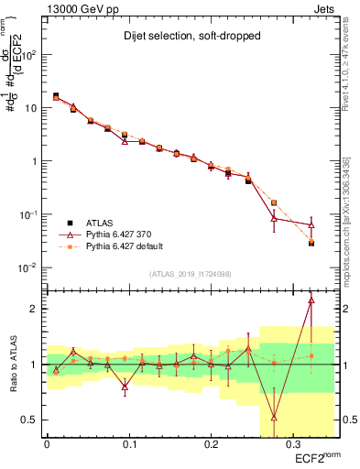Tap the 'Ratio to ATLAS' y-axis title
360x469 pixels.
click(x=12, y=365)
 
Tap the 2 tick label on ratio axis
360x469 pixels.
click(x=35, y=309)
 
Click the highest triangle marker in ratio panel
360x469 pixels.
click(x=311, y=300)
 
